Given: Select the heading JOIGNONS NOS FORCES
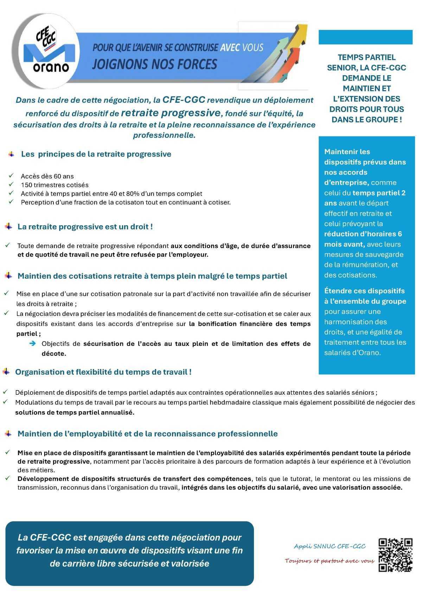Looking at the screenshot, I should pos(154,64).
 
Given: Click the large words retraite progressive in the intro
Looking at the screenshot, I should pos(170,113).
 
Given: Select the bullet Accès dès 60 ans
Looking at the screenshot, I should pos(47,176).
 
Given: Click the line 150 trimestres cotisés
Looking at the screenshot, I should pos(55,185).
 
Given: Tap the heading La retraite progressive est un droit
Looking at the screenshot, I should pos(85,227).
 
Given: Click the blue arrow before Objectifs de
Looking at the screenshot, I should pos(33,343).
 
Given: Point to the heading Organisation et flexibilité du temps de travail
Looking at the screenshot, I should pos(103,372).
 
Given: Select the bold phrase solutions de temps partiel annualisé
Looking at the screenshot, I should pos(75,412).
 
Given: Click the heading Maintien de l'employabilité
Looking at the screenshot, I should pos(147,433).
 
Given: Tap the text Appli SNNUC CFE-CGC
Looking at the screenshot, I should pos(330,546).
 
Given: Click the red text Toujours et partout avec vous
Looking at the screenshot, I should pos(329,561).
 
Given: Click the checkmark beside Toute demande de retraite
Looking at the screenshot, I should pos(7,245).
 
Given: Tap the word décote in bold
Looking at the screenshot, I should pos(54,354).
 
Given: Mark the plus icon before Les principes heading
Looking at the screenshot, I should pos(12,154).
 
